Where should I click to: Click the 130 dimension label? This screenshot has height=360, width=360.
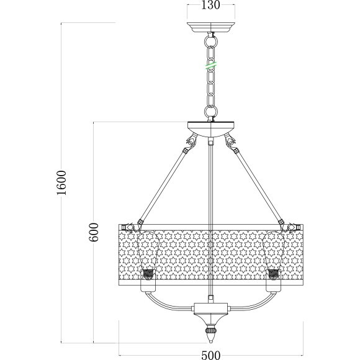click(x=210, y=5)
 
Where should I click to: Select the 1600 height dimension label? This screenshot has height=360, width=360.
click(x=61, y=182)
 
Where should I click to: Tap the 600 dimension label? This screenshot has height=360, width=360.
click(x=94, y=232)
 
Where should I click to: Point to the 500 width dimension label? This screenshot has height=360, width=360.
click(x=211, y=355)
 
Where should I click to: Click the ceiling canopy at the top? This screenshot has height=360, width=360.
click(x=211, y=27)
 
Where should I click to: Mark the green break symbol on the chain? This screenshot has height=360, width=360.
click(x=211, y=65)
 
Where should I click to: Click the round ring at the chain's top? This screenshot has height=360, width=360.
click(x=211, y=42)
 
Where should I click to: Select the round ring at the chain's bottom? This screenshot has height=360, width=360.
click(x=211, y=112)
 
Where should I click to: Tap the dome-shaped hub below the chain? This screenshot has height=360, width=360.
click(x=211, y=129)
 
